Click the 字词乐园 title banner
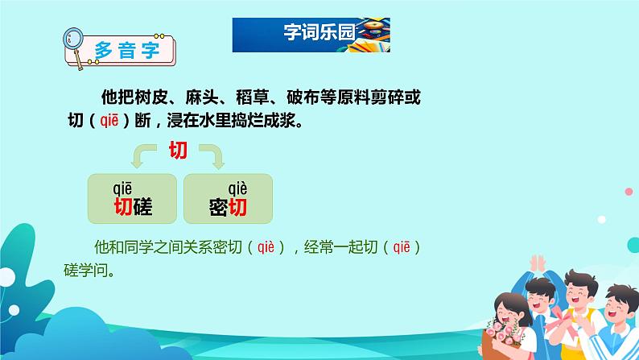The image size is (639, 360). click(x=311, y=35)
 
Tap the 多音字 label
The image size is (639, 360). click(x=126, y=51)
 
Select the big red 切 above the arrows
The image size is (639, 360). click(x=178, y=150)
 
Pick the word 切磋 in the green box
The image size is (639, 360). click(x=133, y=207)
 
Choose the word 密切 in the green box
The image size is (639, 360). click(x=228, y=207)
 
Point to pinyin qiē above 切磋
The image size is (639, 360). click(x=122, y=188)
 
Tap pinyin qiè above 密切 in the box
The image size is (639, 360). click(x=237, y=188)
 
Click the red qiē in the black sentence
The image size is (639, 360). click(x=109, y=120)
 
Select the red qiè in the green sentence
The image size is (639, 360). click(x=266, y=247)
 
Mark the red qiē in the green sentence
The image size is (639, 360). click(x=402, y=247)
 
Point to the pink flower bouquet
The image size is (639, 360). click(x=504, y=333)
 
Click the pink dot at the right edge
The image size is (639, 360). click(x=629, y=192)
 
